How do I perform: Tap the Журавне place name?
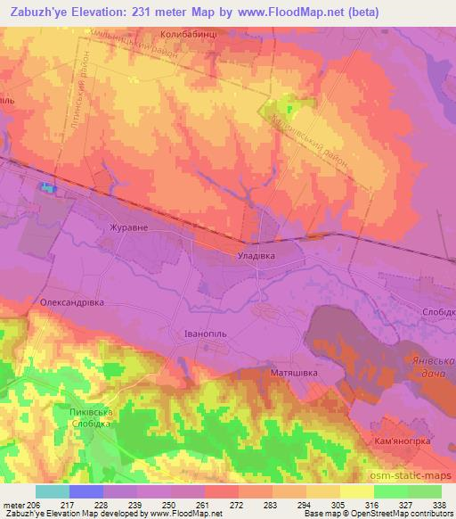pos(128,227)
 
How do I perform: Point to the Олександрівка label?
pos(73,303)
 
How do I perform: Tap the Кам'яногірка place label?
pos(407,441)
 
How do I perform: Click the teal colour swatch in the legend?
pos(52,491)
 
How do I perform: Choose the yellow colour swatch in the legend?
pos(356,491)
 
